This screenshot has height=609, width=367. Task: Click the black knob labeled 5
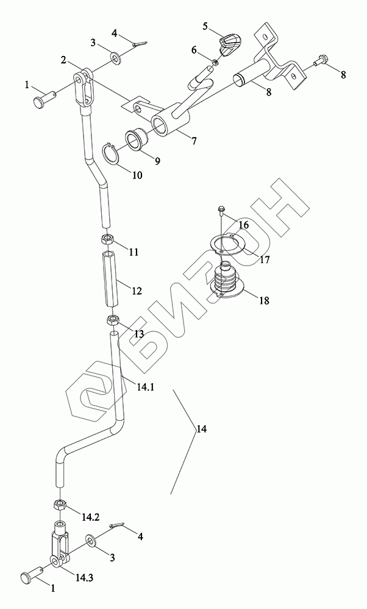pyautogui.click(x=229, y=44)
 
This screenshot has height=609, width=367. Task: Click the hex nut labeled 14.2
pyautogui.click(x=61, y=504)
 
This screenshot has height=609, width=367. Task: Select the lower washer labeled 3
pyautogui.click(x=91, y=540)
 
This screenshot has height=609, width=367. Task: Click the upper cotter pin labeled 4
pyautogui.click(x=140, y=43)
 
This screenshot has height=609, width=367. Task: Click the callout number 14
pyautogui.click(x=201, y=429)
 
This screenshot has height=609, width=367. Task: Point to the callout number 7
pyautogui.click(x=193, y=141)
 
